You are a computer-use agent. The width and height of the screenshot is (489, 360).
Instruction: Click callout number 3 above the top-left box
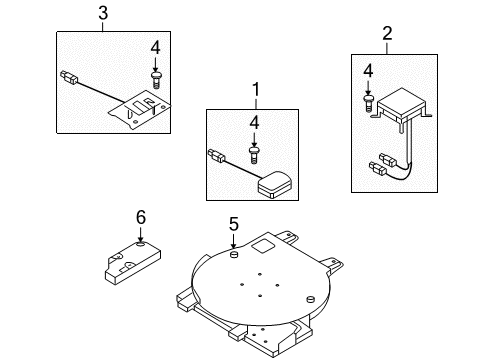pos(103,14)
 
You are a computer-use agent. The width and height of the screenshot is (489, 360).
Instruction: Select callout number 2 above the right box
pos(387,34)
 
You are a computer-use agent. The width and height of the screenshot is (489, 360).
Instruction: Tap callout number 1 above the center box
pos(255,89)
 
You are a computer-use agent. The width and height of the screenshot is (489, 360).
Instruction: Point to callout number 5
pos(234,224)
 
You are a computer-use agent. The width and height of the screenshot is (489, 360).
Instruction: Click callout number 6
pos(141,218)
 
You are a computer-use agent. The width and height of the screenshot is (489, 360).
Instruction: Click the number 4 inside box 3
pos(155,48)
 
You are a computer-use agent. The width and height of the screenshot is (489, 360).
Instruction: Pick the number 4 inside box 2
pos(368,71)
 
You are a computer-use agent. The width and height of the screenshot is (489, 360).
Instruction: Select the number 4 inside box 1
pos(254,122)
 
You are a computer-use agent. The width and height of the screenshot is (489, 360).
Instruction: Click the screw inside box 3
pos(155,79)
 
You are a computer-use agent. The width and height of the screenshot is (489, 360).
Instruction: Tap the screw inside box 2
pos(368,103)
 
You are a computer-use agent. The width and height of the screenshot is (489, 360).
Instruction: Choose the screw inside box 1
pos(254,154)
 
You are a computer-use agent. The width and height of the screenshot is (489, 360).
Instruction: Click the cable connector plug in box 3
pos(69,78)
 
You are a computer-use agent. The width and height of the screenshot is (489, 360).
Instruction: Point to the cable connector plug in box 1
pos(217,156)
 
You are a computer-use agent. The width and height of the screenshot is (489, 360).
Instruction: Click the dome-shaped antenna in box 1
pos(275,184)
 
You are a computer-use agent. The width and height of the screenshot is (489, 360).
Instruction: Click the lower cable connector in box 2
pos(378,169)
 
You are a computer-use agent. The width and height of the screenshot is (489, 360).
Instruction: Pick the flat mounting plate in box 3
pos(139,110)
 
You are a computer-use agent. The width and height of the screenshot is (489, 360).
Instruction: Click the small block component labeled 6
pos(133,263)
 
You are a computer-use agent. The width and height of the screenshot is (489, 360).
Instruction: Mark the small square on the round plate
pos(263,247)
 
